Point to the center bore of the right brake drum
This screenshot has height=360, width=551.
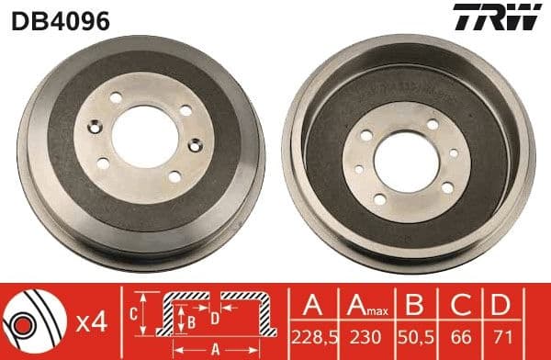point(407,156)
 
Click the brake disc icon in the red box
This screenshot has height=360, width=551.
point(36,322)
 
